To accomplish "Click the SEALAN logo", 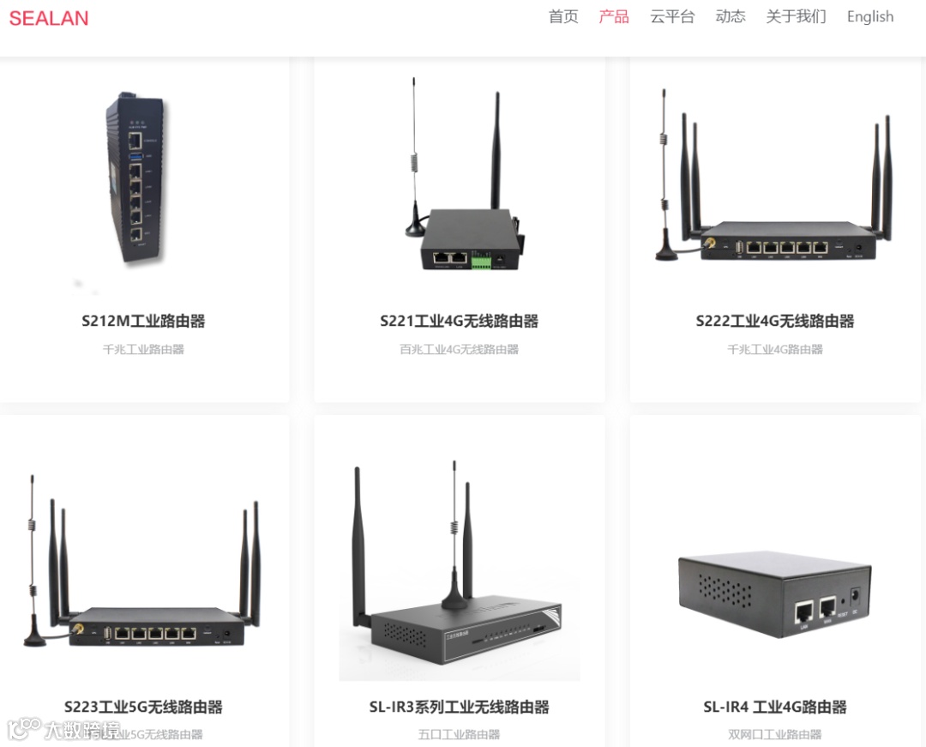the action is (x=49, y=18).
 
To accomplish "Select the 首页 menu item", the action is (x=563, y=16).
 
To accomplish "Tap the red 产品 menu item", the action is (x=614, y=16).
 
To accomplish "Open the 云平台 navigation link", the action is (x=672, y=16).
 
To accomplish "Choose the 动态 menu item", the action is (x=731, y=16).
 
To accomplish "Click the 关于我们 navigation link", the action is (x=796, y=16).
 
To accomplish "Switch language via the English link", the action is (x=869, y=16).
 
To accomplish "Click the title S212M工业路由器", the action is (x=143, y=322).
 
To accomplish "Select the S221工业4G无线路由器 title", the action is (x=460, y=322).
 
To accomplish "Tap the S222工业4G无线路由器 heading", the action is (x=775, y=322).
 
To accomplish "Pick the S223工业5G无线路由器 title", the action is (x=143, y=708).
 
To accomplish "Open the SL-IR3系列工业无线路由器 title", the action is (x=460, y=708).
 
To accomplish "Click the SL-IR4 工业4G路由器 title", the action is (x=775, y=708).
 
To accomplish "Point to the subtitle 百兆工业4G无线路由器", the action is (x=460, y=349).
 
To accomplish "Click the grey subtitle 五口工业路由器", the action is (x=460, y=734).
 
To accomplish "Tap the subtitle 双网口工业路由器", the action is (x=775, y=734).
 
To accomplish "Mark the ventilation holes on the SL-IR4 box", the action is (x=725, y=591).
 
